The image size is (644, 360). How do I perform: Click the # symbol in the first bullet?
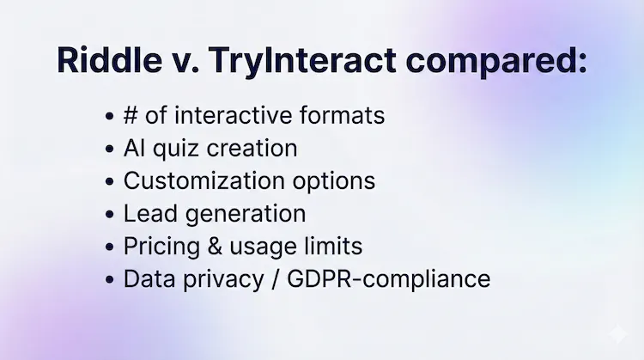pyautogui.click(x=132, y=116)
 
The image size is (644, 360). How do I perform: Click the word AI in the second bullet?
pyautogui.click(x=134, y=149)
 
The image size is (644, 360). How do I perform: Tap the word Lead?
pyautogui.click(x=147, y=214)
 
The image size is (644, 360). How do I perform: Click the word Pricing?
pyautogui.click(x=156, y=247)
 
